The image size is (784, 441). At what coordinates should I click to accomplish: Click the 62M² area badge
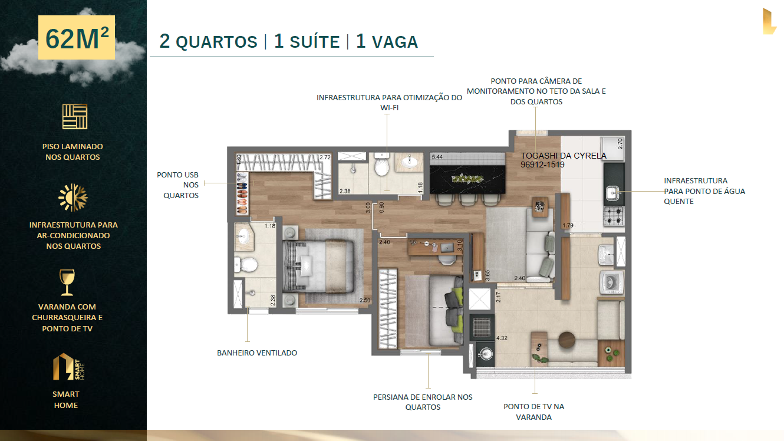click(76, 38)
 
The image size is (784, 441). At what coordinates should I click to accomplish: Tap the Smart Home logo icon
click(68, 367)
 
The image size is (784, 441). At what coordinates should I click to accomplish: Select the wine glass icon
click(67, 282)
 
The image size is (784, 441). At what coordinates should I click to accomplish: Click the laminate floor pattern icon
click(74, 117)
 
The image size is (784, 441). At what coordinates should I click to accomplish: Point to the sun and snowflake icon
click(73, 198)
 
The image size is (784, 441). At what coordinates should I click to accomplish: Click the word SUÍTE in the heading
click(315, 41)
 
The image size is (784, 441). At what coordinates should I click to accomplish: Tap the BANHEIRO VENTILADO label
click(257, 353)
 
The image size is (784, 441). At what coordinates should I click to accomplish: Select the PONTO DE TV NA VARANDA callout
click(533, 412)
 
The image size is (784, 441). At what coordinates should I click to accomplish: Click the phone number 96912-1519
click(542, 165)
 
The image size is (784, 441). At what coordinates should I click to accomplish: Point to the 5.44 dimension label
click(437, 157)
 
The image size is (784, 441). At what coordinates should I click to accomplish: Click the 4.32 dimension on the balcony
click(502, 338)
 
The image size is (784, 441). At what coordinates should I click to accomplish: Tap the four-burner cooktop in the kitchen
click(614, 215)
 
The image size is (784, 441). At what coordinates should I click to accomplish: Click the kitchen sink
click(613, 193)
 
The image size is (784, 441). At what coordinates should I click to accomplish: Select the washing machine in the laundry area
click(612, 282)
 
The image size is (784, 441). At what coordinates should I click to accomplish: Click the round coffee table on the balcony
click(566, 340)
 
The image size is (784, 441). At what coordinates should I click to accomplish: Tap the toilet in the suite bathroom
click(246, 265)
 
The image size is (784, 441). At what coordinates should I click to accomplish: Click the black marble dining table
click(467, 179)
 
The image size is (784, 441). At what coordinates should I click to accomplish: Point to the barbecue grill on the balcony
click(482, 327)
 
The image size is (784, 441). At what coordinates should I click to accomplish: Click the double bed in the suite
click(319, 266)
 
